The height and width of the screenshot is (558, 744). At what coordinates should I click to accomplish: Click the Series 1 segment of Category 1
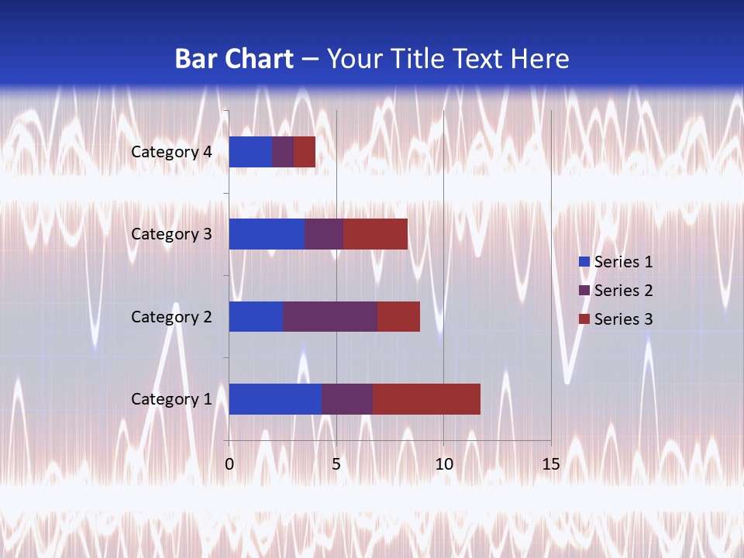point(275,398)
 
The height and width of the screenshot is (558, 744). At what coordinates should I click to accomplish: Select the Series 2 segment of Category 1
point(347,398)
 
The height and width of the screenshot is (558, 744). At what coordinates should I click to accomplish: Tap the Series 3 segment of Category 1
point(426,398)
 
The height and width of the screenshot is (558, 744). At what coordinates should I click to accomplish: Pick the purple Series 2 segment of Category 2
point(330,316)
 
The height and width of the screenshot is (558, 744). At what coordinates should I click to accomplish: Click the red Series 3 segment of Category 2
point(398,316)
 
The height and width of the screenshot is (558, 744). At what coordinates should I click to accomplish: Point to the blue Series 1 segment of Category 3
point(267,234)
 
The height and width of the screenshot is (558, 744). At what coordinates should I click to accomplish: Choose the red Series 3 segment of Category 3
point(376,234)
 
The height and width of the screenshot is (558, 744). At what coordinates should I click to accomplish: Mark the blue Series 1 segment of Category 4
point(250,152)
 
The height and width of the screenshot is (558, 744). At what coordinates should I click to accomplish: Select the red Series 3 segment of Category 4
point(305,152)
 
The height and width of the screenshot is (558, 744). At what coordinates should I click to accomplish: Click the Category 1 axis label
point(171,399)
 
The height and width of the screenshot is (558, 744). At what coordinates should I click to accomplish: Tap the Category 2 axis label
point(171,317)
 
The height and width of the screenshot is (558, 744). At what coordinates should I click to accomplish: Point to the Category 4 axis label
point(171,152)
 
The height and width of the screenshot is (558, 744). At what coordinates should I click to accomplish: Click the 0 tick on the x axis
point(229,464)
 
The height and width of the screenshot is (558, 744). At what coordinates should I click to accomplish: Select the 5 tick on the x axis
point(336,464)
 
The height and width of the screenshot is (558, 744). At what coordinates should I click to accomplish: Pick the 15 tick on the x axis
point(550,464)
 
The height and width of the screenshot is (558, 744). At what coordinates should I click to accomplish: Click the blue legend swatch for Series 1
point(584,262)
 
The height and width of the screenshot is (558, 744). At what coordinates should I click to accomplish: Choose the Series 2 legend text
point(623,291)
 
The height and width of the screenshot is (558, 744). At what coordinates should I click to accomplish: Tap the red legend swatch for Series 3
point(584,319)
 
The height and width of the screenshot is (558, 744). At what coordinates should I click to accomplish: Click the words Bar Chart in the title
point(234,59)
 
